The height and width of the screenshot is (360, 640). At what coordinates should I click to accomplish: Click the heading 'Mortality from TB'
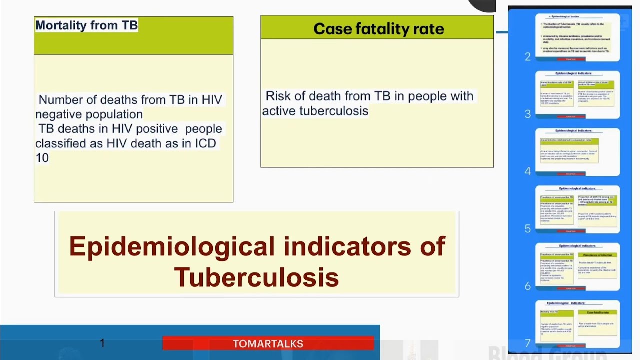(x=86, y=25)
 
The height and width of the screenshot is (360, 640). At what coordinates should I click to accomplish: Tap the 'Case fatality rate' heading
(x=378, y=29)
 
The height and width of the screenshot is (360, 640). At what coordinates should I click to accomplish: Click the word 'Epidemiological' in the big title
(x=172, y=246)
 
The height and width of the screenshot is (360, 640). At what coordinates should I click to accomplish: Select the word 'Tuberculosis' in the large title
(x=256, y=276)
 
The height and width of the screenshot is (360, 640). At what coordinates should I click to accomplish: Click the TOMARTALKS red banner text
(x=268, y=344)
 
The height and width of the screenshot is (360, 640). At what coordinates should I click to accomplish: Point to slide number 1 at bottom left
(x=102, y=343)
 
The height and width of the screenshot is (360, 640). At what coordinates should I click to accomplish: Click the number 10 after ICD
(x=42, y=158)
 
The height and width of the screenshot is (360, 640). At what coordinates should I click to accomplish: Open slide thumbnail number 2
(x=577, y=37)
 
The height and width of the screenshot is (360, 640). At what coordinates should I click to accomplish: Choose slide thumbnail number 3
(x=577, y=94)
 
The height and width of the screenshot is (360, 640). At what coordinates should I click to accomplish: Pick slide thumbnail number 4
(x=577, y=152)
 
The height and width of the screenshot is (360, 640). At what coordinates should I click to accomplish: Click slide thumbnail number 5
(x=577, y=209)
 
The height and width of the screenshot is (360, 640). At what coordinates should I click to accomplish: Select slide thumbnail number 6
(x=577, y=266)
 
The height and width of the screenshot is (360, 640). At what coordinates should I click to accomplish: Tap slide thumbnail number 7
(x=577, y=324)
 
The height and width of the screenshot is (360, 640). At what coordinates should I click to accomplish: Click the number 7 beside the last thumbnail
(x=527, y=343)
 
